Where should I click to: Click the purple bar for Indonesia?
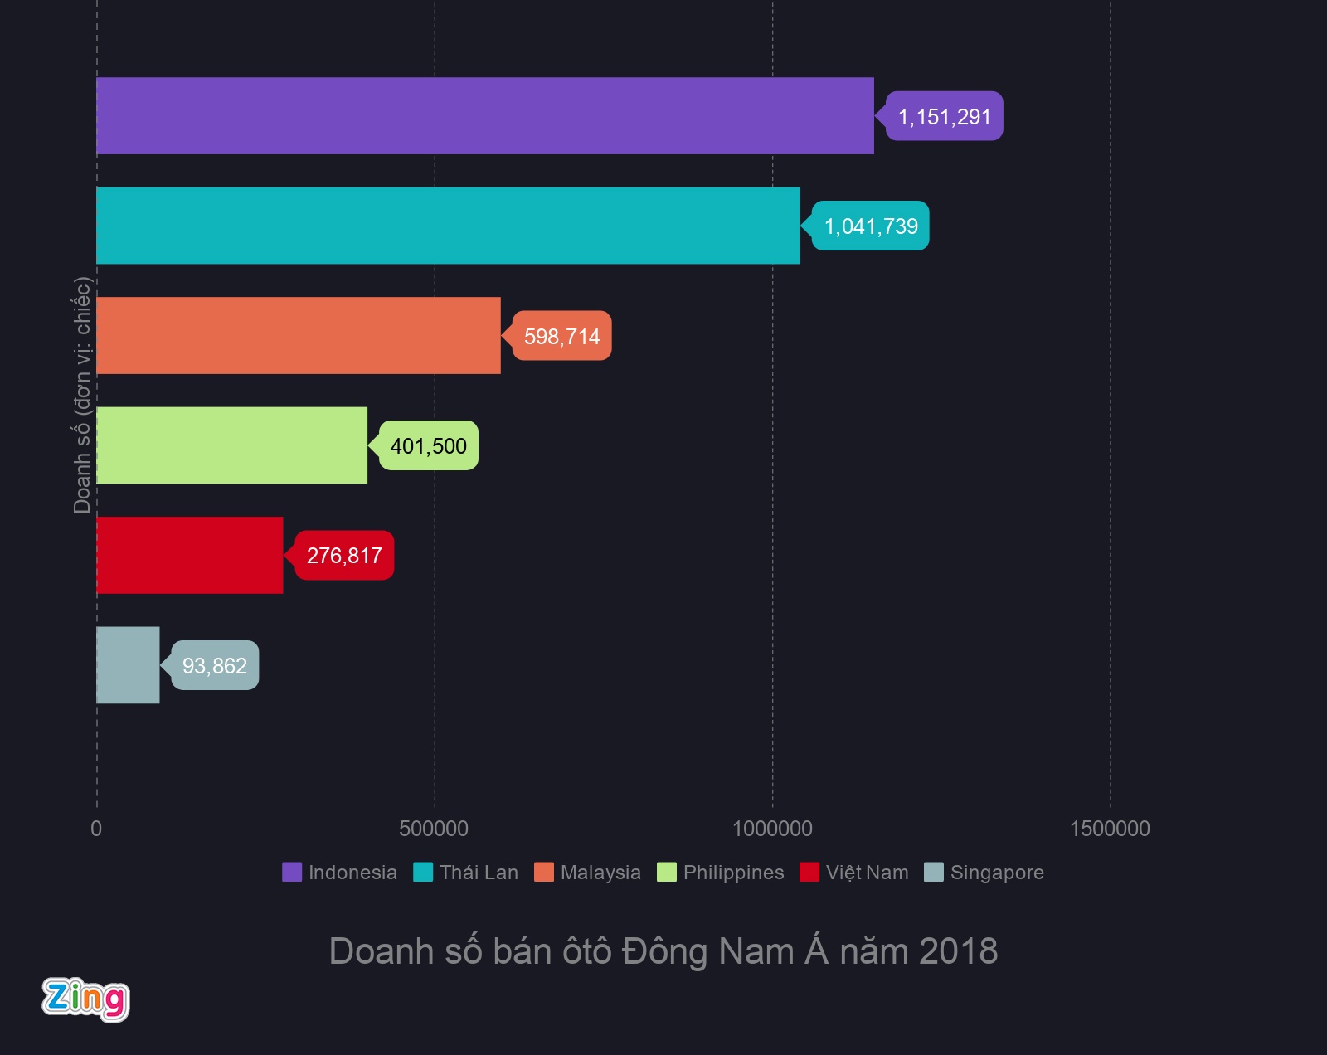coord(485,116)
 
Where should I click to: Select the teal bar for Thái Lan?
coord(448,226)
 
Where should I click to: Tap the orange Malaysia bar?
coord(299,336)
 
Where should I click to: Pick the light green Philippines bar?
coord(232,445)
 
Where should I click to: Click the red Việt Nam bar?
coord(190,555)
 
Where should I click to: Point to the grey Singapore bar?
coord(128,665)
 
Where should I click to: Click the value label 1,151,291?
coord(945,117)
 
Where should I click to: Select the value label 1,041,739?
coord(871,226)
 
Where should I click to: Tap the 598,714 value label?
coord(561,337)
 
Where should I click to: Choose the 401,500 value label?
coord(428,446)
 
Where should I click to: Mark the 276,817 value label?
coord(344,556)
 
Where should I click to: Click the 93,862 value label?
coord(215,666)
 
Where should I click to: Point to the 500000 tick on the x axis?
coord(434,829)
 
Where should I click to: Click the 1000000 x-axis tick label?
coord(772,829)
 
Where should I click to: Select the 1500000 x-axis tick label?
coord(1110,829)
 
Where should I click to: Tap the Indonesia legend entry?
coord(340,873)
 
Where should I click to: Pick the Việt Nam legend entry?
coord(855,873)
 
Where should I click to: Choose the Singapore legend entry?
coord(984,873)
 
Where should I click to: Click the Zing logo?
coord(86,999)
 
